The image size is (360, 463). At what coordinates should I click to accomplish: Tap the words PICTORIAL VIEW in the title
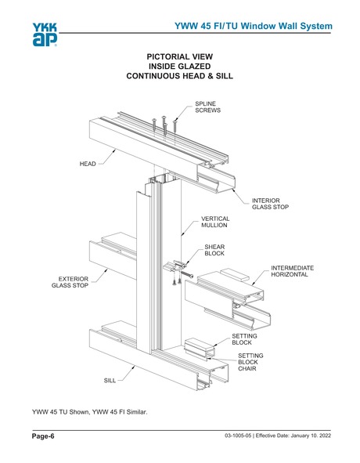[179, 57]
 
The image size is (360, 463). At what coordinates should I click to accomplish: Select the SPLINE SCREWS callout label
[207, 107]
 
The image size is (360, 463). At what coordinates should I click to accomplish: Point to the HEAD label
[88, 164]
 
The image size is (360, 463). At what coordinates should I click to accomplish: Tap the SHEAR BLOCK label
[214, 250]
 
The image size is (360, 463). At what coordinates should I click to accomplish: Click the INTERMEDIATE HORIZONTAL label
[292, 271]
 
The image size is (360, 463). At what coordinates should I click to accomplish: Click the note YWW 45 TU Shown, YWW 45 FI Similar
[88, 411]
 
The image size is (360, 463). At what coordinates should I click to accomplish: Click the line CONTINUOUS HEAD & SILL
[179, 78]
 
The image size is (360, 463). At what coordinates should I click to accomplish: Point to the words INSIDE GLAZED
[179, 67]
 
